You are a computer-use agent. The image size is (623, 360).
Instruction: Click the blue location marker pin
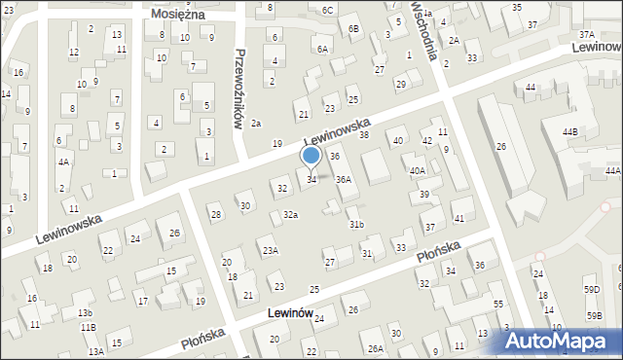[x=311, y=156]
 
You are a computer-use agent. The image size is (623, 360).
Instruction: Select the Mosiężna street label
[x=175, y=15]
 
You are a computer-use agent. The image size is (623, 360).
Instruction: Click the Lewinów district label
[x=288, y=313]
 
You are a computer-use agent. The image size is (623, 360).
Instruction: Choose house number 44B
[x=568, y=131]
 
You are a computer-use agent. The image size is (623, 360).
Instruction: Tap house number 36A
[x=344, y=180]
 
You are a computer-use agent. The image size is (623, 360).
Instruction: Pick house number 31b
[x=356, y=225]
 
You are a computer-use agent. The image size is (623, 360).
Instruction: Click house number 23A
[x=270, y=250]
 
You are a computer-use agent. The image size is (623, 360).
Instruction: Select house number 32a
[x=290, y=214]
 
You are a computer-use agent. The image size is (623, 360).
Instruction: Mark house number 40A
[x=417, y=171]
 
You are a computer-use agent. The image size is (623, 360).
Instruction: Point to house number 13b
[x=86, y=312]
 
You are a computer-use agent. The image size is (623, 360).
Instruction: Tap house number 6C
[x=328, y=11]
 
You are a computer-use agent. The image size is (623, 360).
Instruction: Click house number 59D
[x=592, y=290]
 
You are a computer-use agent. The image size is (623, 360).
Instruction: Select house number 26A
[x=375, y=348]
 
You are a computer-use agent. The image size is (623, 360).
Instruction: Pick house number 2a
[x=256, y=124]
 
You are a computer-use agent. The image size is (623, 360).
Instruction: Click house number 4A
[x=63, y=162]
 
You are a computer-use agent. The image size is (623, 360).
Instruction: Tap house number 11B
[x=89, y=328]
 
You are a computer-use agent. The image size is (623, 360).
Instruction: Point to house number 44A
[x=612, y=171]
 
